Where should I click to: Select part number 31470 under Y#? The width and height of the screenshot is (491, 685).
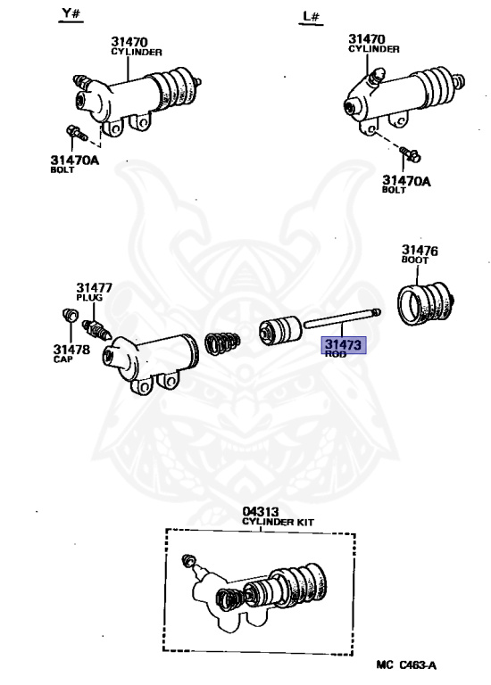129,41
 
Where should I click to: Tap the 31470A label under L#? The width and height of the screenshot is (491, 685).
406,180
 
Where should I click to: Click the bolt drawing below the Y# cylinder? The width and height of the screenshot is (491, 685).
76,135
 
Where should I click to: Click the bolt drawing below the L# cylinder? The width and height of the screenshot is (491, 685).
409,155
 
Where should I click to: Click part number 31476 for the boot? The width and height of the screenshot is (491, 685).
419,251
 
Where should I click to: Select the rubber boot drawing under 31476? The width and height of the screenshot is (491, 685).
425,304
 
